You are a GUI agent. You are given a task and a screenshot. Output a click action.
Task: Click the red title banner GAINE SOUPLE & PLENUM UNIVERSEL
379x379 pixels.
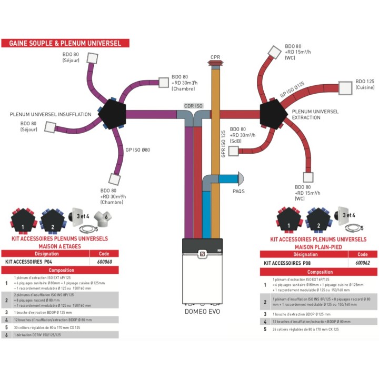tap(65, 43)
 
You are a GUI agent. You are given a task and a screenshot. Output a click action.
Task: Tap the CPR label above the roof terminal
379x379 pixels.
tap(215, 57)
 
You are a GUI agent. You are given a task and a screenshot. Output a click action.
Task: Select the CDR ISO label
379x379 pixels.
tap(193, 105)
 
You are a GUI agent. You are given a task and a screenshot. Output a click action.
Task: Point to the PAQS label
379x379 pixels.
tap(238, 191)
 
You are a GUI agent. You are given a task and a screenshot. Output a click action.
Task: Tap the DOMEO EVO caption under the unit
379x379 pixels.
tap(202, 311)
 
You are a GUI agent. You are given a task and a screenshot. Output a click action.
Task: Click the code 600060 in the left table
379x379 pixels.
tap(105, 262)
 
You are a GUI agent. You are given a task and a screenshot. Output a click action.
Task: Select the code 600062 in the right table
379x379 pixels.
tap(363, 262)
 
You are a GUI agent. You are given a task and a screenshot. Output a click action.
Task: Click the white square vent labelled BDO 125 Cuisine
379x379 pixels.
tap(345, 88)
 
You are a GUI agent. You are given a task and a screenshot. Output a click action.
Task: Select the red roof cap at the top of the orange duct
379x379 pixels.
tap(215, 65)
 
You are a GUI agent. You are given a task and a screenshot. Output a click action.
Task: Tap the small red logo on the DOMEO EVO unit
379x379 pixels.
tap(201, 253)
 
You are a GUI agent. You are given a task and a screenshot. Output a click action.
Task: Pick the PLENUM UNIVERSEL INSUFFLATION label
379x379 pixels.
tap(46, 114)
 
